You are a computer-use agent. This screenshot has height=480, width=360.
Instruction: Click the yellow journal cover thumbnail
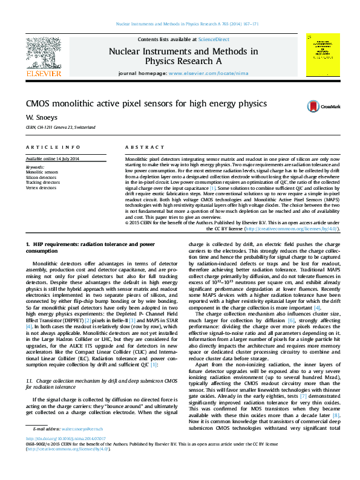[322, 55]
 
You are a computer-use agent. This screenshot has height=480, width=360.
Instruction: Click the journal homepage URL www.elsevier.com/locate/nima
[200, 73]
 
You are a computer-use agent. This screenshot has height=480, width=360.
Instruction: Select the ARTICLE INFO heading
[53, 148]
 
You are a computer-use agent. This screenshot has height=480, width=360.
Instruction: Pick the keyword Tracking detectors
[43, 182]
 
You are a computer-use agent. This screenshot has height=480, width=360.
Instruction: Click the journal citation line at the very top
[187, 25]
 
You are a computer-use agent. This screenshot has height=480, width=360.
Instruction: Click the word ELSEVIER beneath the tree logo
[43, 73]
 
